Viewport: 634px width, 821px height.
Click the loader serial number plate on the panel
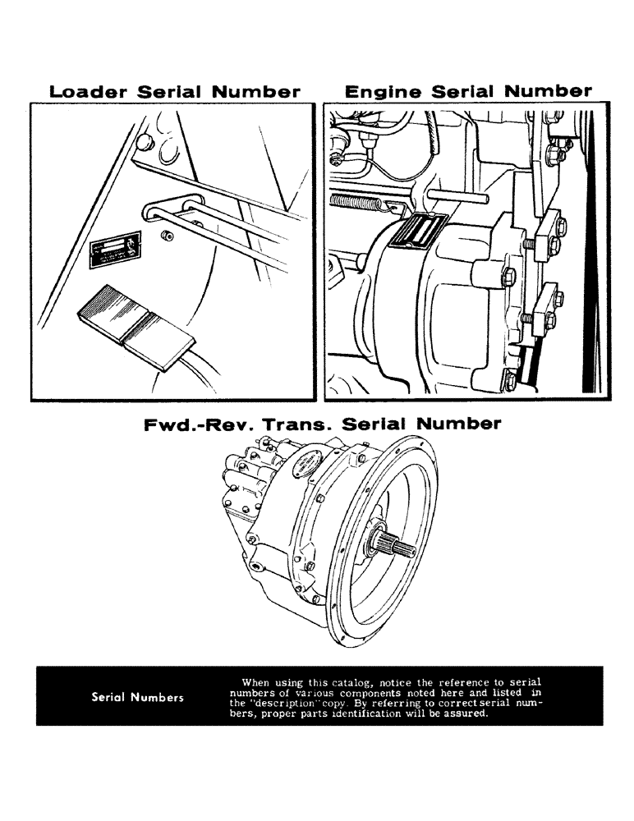click(113, 253)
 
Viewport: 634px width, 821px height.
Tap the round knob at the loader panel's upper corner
click(145, 143)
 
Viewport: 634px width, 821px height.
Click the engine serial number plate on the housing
click(418, 231)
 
